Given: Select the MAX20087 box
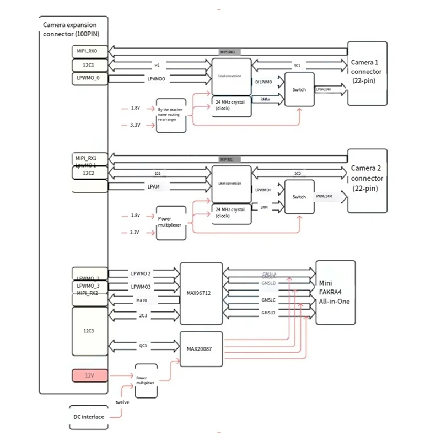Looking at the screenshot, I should tap(201, 349).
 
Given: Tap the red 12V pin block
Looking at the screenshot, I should tap(90, 376).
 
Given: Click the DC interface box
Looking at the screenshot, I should tap(88, 417).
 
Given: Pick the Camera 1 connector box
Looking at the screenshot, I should tap(367, 73).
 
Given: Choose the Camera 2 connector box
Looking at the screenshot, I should tap(367, 180).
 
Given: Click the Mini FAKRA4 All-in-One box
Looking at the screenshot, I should tap(335, 292).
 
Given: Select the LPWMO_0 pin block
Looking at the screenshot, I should tap(90, 78).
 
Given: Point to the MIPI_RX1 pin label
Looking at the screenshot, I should tap(87, 158).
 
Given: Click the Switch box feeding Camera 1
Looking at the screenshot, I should tap(299, 89).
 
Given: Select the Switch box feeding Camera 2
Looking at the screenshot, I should tap(299, 197).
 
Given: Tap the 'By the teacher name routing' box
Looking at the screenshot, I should tap(171, 115).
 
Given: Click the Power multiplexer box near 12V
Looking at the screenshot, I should tap(146, 380).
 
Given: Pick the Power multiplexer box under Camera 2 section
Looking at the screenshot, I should tap(171, 222).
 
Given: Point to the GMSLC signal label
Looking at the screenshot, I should tap(269, 301).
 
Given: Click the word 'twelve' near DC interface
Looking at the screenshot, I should tap(122, 402).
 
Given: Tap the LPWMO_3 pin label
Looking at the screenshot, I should tap(89, 286).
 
